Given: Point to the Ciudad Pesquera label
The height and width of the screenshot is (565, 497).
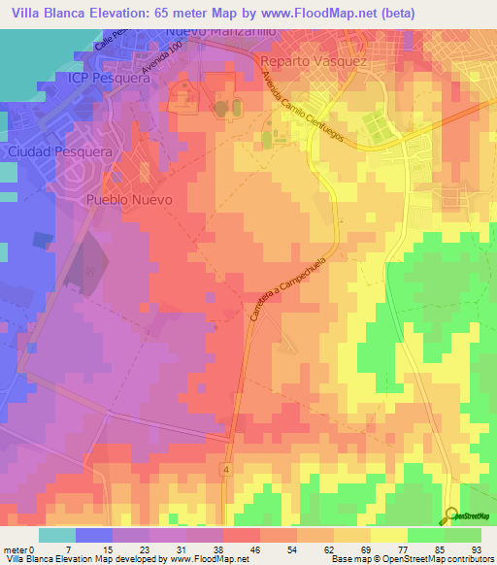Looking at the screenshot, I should [x=48, y=152].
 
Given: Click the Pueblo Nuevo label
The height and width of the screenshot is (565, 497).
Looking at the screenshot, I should [x=129, y=199].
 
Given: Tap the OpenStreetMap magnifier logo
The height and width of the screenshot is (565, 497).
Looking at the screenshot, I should [x=453, y=515].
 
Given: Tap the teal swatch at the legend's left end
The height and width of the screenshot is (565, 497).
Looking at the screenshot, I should [x=56, y=535].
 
